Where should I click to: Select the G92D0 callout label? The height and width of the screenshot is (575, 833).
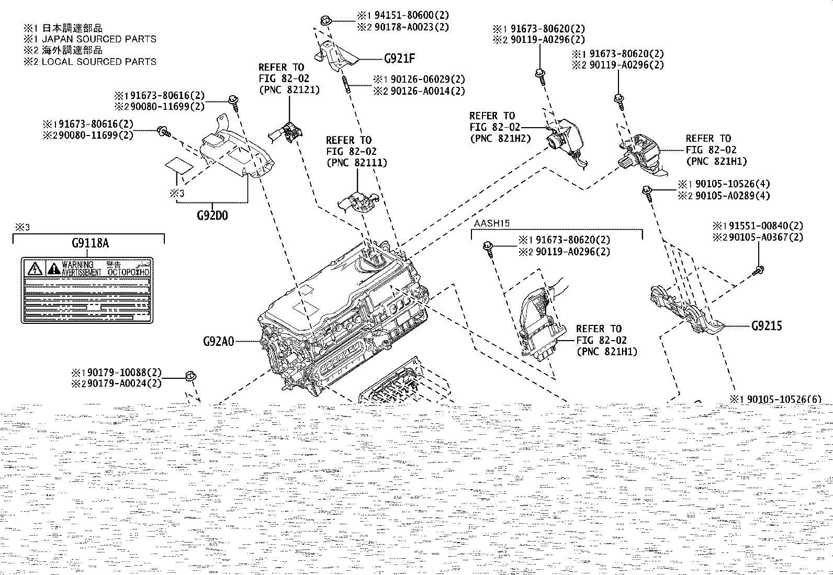212,215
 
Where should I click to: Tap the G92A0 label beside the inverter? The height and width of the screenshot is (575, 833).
219,342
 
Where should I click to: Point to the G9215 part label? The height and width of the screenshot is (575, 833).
767,326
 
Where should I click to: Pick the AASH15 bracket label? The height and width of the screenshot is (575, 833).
491,223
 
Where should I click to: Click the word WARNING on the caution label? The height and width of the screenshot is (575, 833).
77,265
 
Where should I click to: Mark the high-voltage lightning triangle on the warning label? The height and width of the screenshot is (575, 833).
36,269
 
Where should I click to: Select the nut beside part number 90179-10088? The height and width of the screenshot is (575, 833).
190,375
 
